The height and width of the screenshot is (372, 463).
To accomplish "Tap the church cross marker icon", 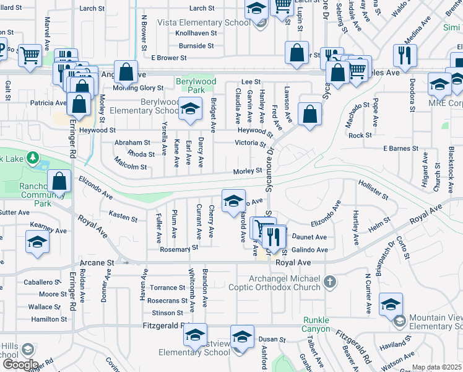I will pos(330,283).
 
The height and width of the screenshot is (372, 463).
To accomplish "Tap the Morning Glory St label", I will pos(137,88).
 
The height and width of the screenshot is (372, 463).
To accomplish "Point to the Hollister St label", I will pos(373,190).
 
